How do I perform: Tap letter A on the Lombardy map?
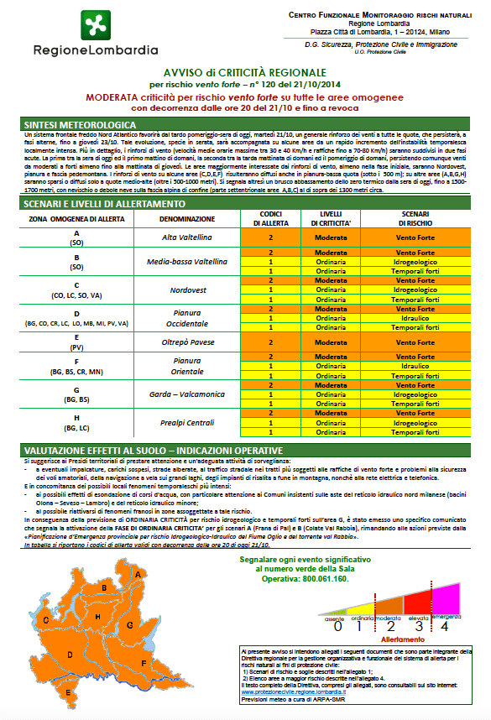point(138,574)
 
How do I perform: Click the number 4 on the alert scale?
point(444,625)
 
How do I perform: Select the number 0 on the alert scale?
point(337,625)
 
